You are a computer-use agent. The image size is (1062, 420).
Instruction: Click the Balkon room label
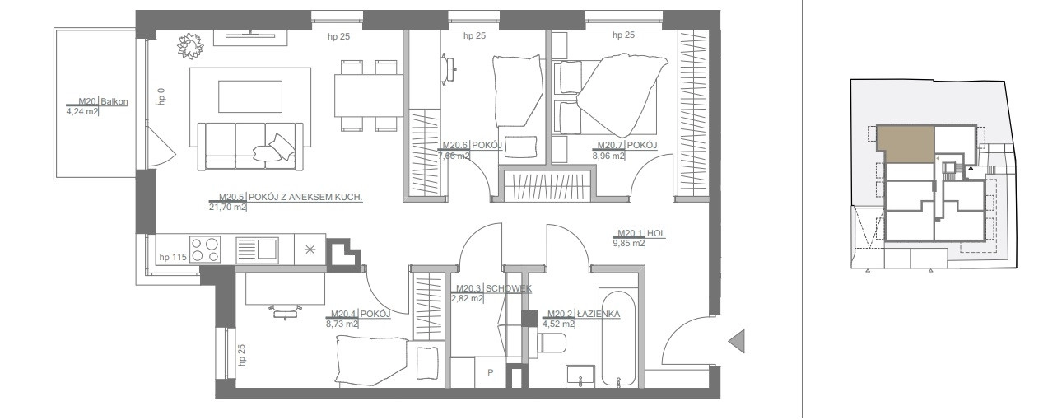tap(114, 101)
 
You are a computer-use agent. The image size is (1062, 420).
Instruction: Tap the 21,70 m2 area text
tap(227, 208)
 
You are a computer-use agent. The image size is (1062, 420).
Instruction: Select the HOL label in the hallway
tap(655, 233)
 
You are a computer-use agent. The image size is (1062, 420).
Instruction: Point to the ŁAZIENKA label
tap(599, 314)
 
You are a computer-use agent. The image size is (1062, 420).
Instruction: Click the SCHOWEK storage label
tap(509, 288)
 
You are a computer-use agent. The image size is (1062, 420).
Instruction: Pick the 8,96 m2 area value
tap(608, 156)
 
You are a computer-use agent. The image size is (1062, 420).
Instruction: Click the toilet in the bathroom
tap(550, 344)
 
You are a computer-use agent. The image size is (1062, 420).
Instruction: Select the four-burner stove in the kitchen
tap(205, 250)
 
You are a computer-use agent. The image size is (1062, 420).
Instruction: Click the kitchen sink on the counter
tap(257, 250)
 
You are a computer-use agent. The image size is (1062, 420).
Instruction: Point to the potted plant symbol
tap(191, 46)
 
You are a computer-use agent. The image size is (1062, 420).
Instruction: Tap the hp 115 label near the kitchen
tap(173, 258)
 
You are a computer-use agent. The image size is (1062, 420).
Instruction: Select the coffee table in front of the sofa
tap(250, 96)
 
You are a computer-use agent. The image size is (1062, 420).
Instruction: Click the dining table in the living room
tap(368, 96)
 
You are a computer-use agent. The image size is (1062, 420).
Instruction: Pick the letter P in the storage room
tap(490, 372)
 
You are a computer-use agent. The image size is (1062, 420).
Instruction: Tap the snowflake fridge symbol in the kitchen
tap(310, 250)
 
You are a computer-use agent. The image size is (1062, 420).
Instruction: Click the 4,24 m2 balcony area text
tap(82, 112)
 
